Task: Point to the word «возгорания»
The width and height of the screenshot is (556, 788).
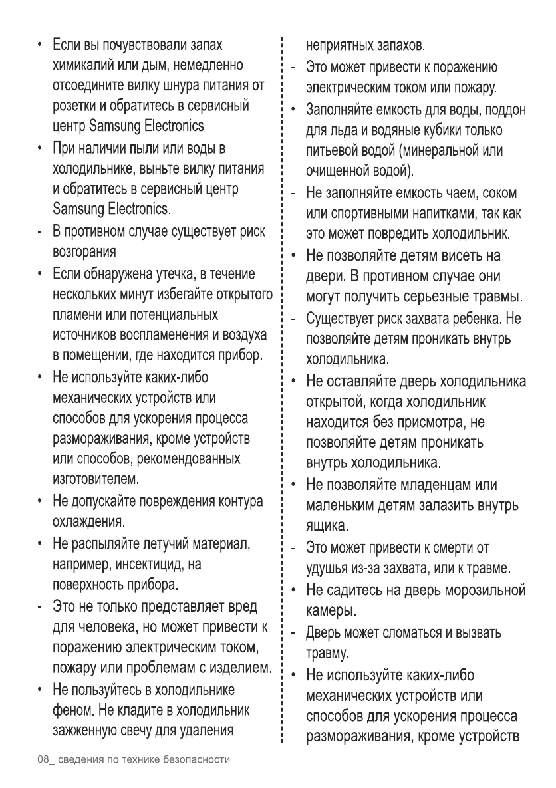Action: [x=85, y=253]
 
